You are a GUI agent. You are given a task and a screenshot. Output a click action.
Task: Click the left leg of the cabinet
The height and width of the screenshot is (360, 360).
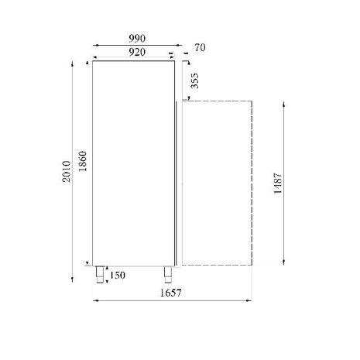(x=98, y=273)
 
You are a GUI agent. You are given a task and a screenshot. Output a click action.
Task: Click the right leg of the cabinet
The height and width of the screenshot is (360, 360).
(x=168, y=273)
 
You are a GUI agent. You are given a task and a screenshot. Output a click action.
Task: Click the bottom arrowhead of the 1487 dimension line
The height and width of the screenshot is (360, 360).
(x=286, y=262)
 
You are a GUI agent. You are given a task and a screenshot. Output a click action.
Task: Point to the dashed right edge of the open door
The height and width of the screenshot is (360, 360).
(x=254, y=181)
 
